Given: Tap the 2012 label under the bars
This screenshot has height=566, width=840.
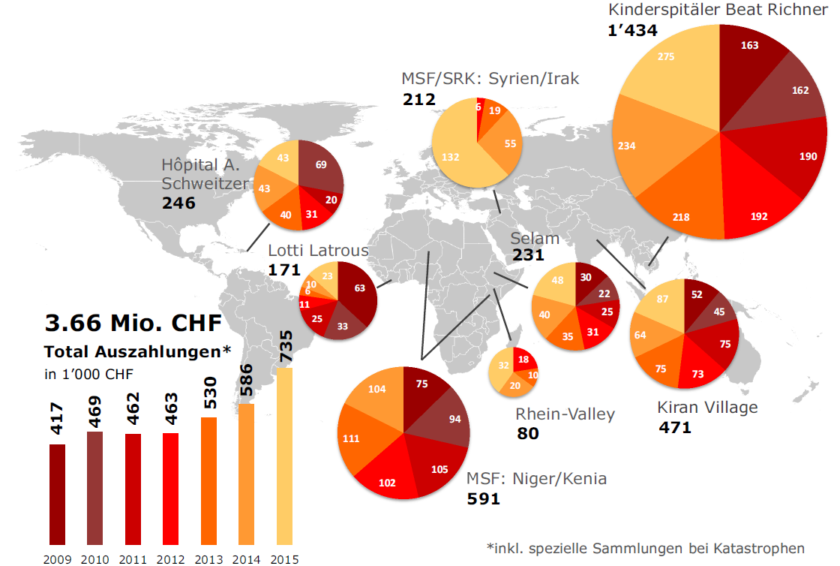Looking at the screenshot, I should (x=169, y=558).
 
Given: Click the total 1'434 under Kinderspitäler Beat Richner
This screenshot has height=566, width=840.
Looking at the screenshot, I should (x=633, y=31).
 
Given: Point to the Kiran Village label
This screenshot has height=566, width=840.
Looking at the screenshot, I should (x=707, y=408).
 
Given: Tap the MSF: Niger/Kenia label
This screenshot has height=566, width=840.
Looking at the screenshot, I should (x=536, y=479).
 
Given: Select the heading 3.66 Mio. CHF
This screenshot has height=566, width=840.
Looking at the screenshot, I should (x=133, y=324).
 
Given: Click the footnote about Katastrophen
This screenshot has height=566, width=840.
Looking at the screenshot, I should (x=645, y=548).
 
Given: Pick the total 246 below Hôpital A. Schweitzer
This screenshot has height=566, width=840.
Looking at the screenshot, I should (x=178, y=203).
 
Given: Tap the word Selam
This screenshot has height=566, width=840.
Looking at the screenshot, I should (x=535, y=239).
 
